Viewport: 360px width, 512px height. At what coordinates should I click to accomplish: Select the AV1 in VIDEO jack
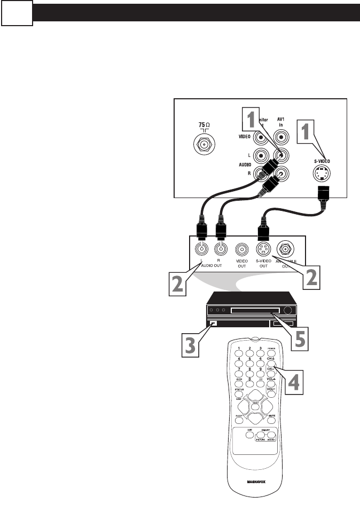click(x=281, y=138)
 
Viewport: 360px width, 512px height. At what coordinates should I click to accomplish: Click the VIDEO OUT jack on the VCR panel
click(x=241, y=249)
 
